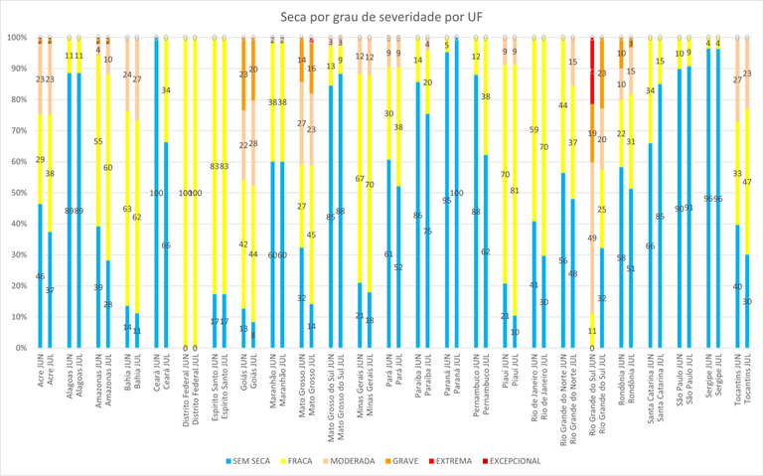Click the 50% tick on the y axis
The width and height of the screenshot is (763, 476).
(17, 193)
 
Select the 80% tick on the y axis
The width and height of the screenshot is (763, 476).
(17, 99)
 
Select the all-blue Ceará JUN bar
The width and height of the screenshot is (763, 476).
(156, 193)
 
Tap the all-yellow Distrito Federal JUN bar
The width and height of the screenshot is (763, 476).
(185, 193)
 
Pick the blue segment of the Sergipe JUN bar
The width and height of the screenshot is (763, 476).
(708, 199)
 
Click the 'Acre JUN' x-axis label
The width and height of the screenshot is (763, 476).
(41, 373)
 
